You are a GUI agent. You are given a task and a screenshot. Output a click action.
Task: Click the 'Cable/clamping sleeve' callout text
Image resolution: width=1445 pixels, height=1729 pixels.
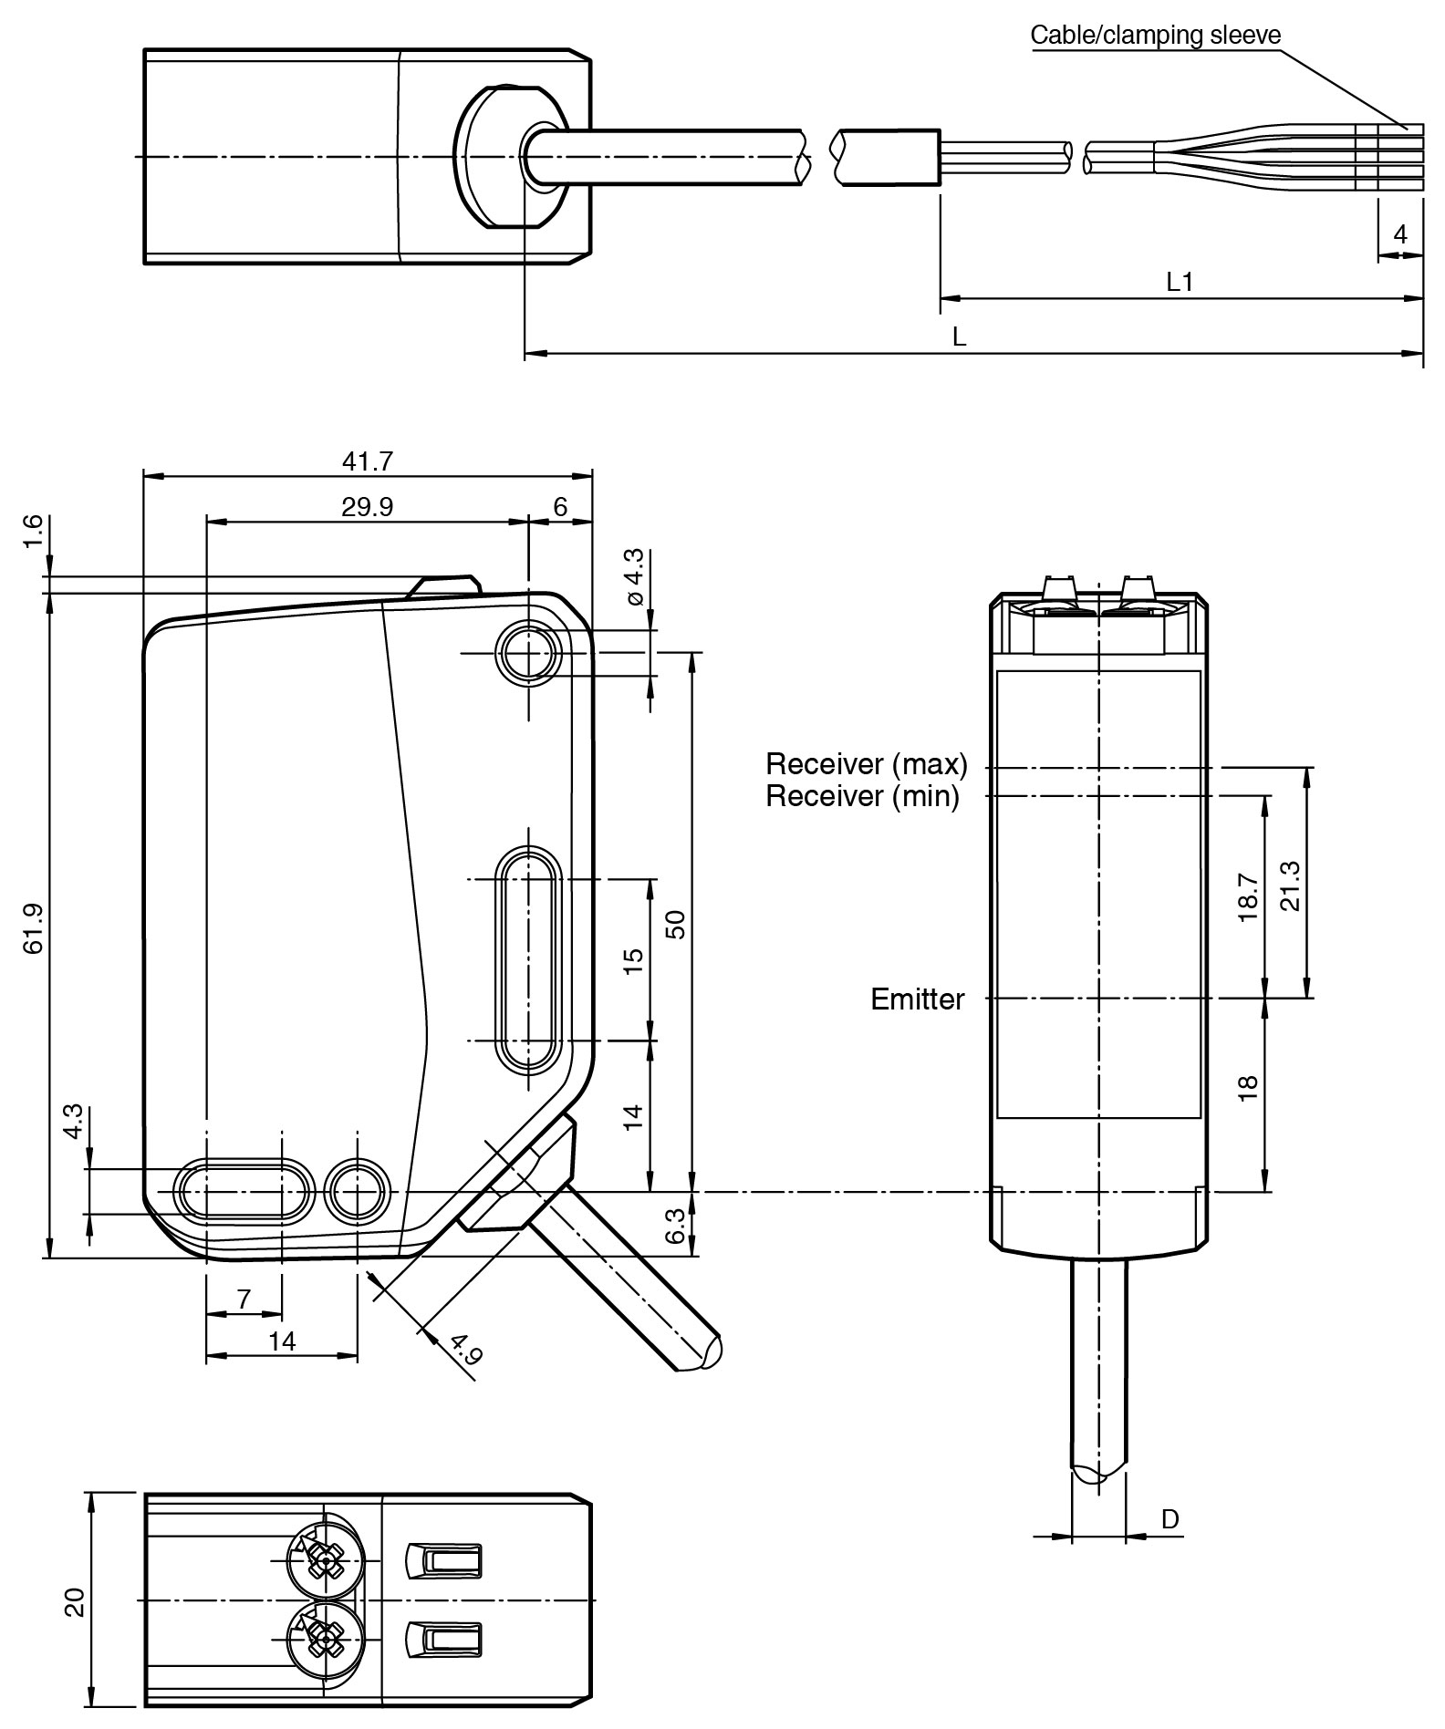pyautogui.click(x=1155, y=36)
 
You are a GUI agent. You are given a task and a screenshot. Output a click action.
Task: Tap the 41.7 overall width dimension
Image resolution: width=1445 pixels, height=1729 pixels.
pyautogui.click(x=367, y=461)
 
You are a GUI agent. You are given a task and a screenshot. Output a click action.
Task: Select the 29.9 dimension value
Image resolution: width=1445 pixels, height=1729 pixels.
pyautogui.click(x=367, y=507)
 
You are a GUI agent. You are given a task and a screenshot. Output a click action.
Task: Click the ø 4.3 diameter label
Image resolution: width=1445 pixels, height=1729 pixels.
pyautogui.click(x=634, y=576)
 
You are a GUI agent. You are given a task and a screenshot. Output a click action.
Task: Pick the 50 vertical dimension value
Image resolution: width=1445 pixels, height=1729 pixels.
pyautogui.click(x=675, y=925)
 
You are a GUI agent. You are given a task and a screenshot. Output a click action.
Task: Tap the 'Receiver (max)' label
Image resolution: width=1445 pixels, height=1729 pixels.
pyautogui.click(x=866, y=763)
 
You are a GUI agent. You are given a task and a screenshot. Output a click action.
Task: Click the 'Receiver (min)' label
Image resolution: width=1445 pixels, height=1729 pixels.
pyautogui.click(x=862, y=796)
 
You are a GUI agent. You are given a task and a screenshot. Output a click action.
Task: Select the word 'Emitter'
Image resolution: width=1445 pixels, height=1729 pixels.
pyautogui.click(x=917, y=999)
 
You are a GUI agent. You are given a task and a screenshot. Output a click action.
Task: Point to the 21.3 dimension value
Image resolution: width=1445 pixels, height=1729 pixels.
pyautogui.click(x=1291, y=885)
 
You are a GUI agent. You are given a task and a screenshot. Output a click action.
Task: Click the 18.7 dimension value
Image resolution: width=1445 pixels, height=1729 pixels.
pyautogui.click(x=1249, y=897)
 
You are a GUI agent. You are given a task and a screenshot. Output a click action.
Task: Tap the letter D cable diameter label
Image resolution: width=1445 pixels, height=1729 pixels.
pyautogui.click(x=1170, y=1519)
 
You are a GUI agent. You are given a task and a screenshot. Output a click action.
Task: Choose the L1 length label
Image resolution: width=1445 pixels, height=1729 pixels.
pyautogui.click(x=1180, y=282)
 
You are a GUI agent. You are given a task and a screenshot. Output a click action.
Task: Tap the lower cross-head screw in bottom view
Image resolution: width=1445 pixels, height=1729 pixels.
pyautogui.click(x=325, y=1642)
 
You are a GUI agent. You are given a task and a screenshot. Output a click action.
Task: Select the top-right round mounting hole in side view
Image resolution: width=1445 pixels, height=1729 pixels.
pyautogui.click(x=527, y=653)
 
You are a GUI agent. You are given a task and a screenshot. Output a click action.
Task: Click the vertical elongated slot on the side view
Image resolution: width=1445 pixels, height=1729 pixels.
pyautogui.click(x=527, y=958)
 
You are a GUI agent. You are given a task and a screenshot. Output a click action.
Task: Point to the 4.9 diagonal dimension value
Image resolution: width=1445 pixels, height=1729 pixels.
pyautogui.click(x=466, y=1349)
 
